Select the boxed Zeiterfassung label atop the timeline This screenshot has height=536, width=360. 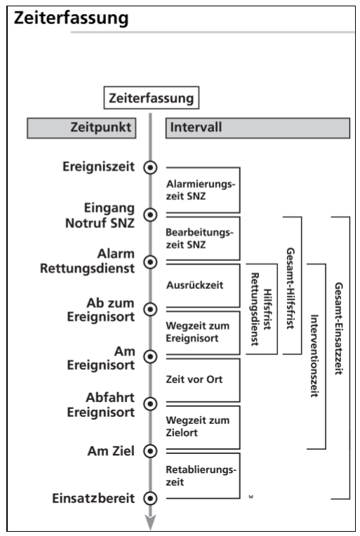point(150,99)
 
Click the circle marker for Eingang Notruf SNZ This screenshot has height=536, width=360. point(149,214)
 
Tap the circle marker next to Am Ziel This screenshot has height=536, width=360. point(149,450)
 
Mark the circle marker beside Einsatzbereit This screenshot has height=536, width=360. point(149,498)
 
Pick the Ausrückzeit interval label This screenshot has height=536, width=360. point(191,286)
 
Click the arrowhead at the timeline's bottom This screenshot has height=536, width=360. point(149,522)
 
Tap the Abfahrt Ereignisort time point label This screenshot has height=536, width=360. point(100,405)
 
